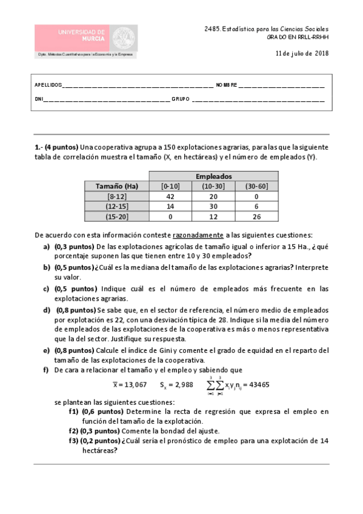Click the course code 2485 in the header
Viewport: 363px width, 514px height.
point(213,28)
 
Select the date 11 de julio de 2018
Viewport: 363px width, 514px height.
point(302,53)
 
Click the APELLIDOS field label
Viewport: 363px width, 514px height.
point(48,85)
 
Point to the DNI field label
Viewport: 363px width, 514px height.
point(39,99)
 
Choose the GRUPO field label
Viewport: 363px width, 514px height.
point(180,99)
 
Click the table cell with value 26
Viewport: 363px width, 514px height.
point(258,216)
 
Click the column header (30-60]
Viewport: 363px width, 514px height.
point(258,186)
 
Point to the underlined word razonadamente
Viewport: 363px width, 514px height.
point(198,235)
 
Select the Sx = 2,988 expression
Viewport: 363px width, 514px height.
point(176,384)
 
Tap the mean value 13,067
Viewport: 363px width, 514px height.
point(130,384)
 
